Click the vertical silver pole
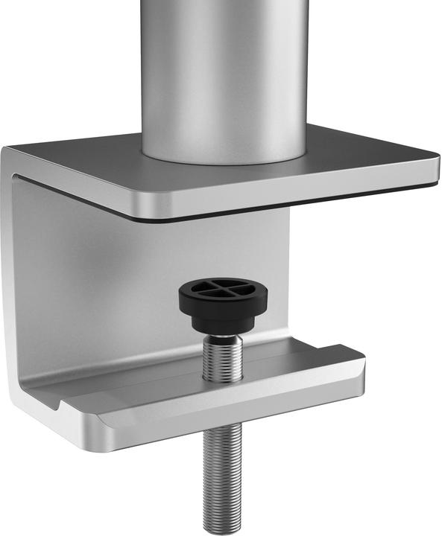click(224, 67)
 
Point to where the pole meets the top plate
click(224, 158)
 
